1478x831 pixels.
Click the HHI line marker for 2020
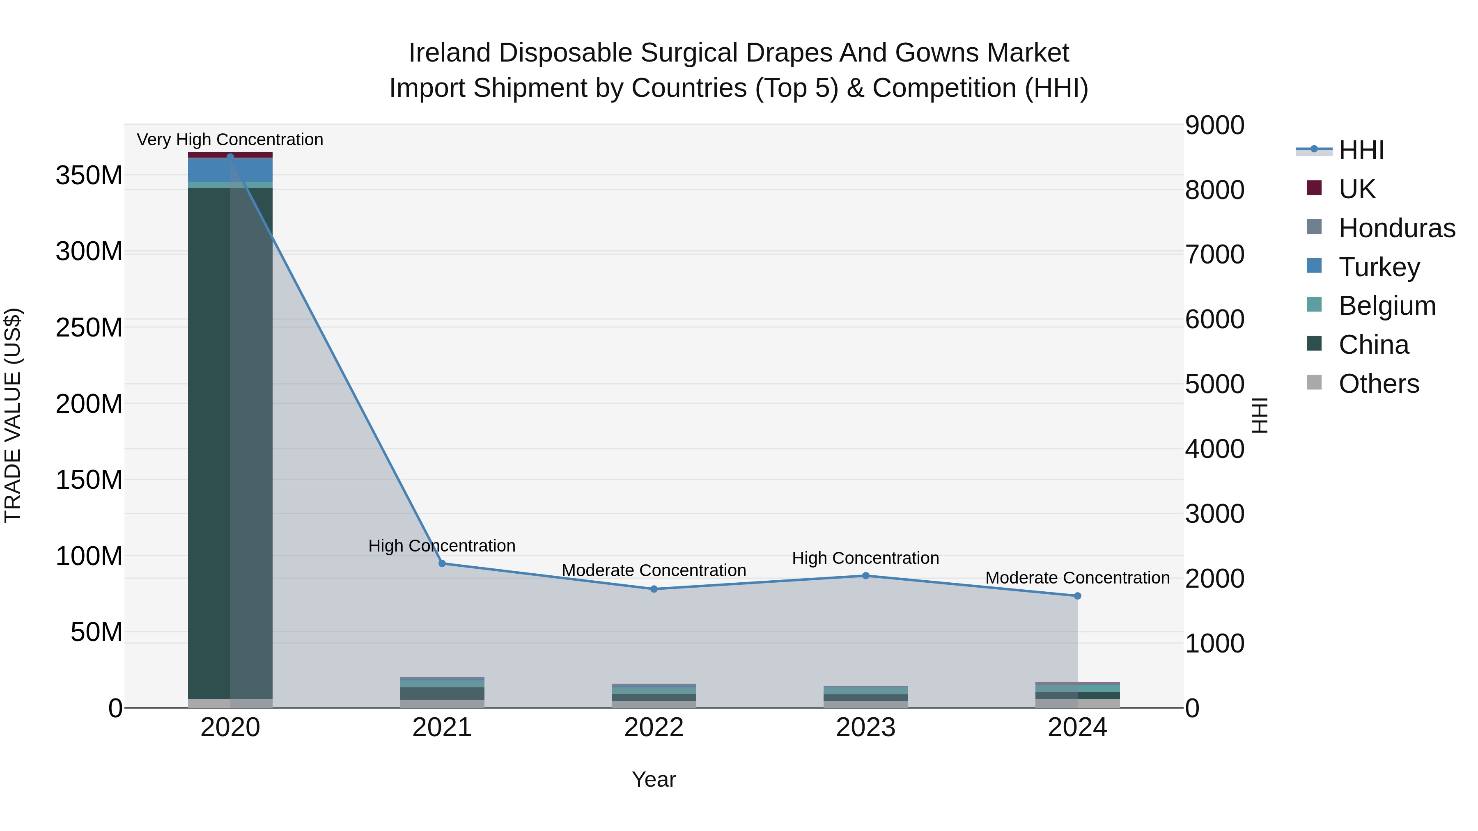(x=230, y=157)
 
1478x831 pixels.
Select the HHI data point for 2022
(x=654, y=589)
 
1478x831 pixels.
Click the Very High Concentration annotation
(x=230, y=140)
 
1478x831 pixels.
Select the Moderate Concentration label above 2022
(x=654, y=571)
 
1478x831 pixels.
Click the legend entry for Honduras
(x=1397, y=228)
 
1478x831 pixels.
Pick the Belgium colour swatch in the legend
(x=1314, y=304)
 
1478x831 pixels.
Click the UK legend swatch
(x=1314, y=188)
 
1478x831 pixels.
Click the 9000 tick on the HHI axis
(x=1215, y=125)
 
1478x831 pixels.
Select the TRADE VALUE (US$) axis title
(x=13, y=415)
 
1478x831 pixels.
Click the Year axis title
(x=654, y=779)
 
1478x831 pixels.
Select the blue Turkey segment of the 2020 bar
(x=230, y=170)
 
